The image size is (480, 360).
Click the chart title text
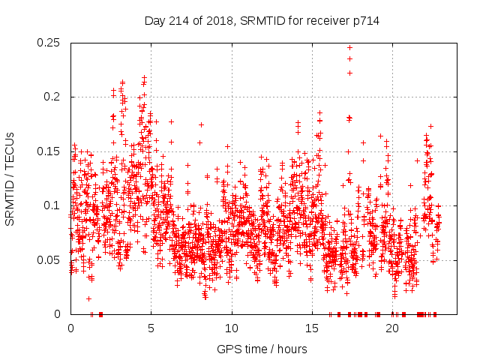tap(262, 21)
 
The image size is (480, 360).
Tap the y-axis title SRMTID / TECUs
tap(10, 178)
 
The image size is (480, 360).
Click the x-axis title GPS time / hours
tap(261, 349)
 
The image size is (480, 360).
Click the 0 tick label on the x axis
tap(70, 328)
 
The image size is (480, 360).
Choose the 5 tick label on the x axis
tap(151, 328)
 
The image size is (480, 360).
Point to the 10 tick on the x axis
tap(232, 328)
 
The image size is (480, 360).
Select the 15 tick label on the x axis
tap(312, 328)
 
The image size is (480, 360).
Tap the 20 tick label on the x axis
tap(392, 328)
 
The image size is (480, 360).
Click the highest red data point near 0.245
tap(349, 47)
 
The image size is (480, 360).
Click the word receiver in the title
tap(323, 21)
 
